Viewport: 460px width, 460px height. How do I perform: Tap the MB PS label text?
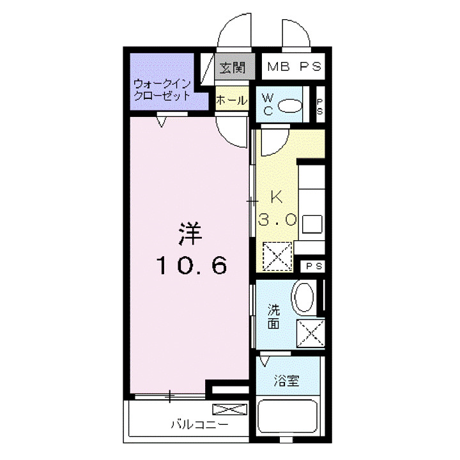click(294, 66)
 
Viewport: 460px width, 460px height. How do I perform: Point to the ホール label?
click(231, 100)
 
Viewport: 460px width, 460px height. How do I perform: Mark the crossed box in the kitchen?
click(278, 257)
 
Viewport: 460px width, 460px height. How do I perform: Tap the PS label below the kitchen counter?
click(312, 266)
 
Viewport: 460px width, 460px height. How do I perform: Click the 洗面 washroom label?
click(273, 317)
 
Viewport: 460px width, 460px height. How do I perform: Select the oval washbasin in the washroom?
click(303, 298)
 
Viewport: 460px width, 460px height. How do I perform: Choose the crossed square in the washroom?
click(309, 333)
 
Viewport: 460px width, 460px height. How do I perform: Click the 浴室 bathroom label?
click(289, 381)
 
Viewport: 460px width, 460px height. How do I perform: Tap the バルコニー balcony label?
click(197, 424)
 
